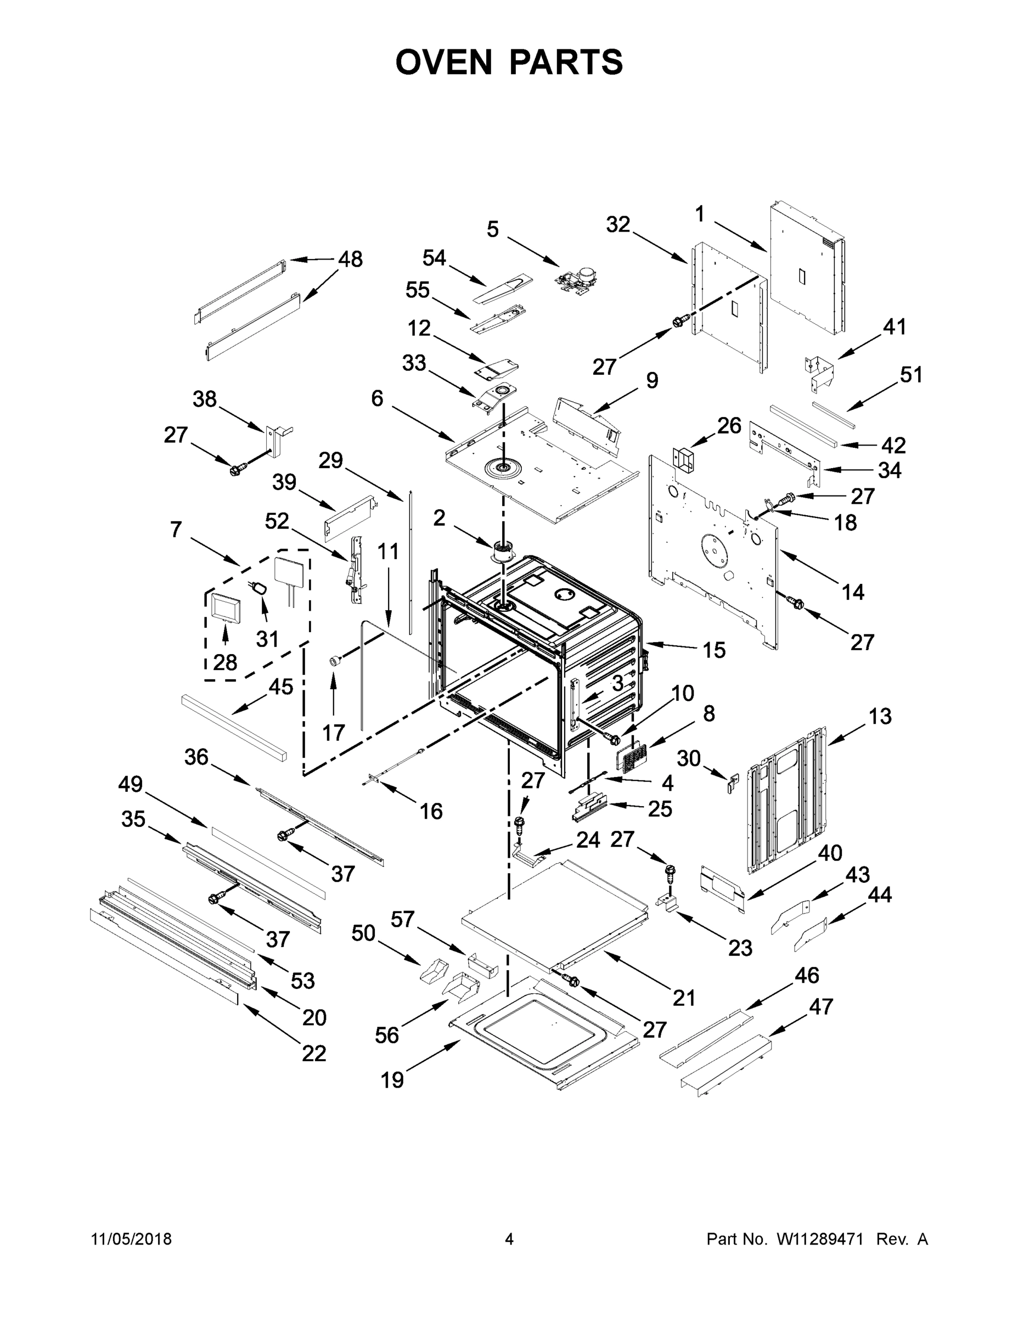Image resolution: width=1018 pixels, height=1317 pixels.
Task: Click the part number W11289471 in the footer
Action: coord(819,1239)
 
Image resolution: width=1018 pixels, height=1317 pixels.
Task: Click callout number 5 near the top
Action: coord(493,229)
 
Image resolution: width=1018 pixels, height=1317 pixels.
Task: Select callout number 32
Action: coord(617,224)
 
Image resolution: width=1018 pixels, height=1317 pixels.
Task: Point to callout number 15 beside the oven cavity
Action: coord(713,650)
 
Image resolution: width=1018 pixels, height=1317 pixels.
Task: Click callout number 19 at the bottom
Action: coord(392,1079)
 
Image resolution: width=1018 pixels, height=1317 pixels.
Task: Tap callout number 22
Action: coord(313,1053)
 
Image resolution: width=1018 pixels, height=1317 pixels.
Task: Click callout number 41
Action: coord(895,327)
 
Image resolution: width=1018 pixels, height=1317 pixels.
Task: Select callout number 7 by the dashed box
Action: coord(176,530)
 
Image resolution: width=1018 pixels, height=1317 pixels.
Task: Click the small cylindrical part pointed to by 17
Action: coord(335,661)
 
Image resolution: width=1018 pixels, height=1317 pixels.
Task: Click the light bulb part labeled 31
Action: coord(261,587)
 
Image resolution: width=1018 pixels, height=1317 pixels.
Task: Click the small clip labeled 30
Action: coord(733,783)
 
